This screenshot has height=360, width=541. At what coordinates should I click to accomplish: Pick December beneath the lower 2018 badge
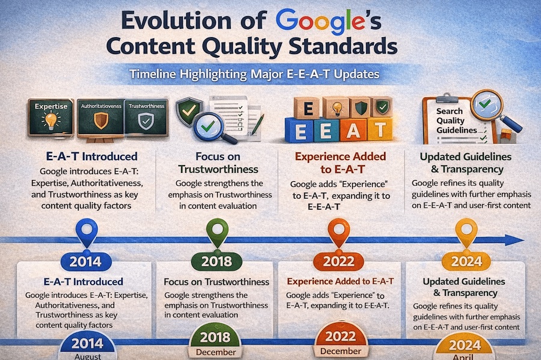pyautogui.click(x=215, y=352)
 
